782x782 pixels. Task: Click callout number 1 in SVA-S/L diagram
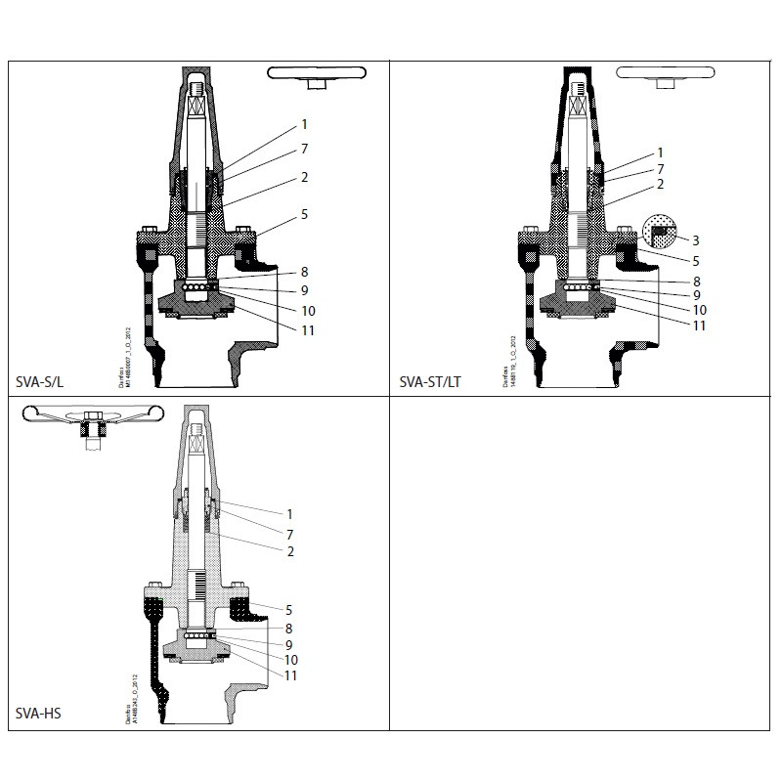(x=304, y=124)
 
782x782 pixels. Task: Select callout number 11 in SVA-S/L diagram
(x=307, y=331)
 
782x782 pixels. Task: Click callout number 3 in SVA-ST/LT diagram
(x=695, y=239)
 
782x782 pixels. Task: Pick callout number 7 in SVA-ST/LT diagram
(x=660, y=169)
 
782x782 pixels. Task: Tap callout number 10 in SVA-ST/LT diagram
(x=699, y=310)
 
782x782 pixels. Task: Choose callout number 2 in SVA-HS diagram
(x=290, y=551)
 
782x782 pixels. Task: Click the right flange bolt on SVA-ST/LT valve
(x=624, y=233)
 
